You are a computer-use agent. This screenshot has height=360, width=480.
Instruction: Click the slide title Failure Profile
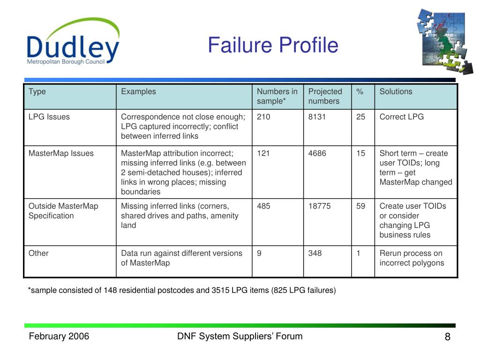(x=273, y=45)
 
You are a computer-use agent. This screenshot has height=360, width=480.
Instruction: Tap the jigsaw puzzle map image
(x=444, y=41)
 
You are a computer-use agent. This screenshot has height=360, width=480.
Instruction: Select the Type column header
(x=37, y=91)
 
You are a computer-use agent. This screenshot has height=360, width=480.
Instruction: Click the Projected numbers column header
(x=325, y=96)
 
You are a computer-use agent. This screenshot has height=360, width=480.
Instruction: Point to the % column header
(x=360, y=91)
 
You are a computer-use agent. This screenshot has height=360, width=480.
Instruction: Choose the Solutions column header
(x=396, y=91)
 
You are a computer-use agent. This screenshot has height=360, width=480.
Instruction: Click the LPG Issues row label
(x=49, y=117)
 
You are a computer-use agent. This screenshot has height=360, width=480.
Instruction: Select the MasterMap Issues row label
(x=61, y=153)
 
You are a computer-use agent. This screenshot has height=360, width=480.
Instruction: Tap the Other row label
(x=38, y=253)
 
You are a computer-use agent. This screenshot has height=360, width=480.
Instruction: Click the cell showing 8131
(x=317, y=117)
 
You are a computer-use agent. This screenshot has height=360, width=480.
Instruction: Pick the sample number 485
(x=263, y=206)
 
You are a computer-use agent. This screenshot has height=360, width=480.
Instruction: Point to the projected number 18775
(x=319, y=206)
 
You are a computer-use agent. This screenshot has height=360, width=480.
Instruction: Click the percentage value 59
(x=360, y=206)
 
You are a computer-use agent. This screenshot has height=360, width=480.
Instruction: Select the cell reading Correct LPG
(x=401, y=117)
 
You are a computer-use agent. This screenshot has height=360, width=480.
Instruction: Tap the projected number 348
(x=315, y=253)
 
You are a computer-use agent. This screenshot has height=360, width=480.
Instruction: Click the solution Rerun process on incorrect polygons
(x=412, y=258)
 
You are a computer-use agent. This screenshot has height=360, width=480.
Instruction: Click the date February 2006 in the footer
(x=59, y=336)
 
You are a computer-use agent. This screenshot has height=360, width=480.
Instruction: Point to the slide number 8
(x=447, y=337)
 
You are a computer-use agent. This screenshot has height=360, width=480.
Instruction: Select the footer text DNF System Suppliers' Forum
(x=240, y=336)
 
